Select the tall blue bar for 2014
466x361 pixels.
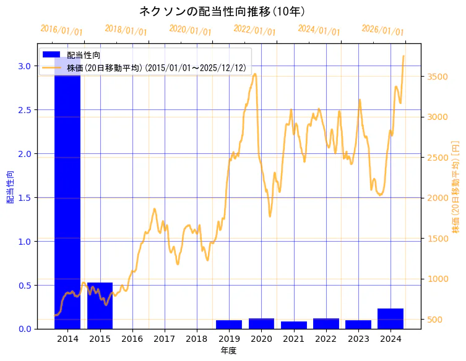tap(67, 185)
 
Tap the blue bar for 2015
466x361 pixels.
tap(100, 305)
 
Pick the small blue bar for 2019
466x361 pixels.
tap(229, 325)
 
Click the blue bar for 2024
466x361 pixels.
tap(390, 318)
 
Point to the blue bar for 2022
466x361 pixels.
tap(326, 323)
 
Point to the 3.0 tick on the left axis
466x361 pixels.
tap(25, 66)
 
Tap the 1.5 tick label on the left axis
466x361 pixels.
tap(25, 197)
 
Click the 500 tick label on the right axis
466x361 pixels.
tap(433, 320)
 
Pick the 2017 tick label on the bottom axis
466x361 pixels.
tap(165, 339)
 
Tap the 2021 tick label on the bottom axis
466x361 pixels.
tap(294, 339)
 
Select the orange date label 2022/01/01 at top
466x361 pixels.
tap(254, 30)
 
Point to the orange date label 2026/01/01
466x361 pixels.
tap(382, 30)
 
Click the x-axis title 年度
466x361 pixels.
tap(229, 350)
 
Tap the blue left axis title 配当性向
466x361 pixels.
tap(11, 187)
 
